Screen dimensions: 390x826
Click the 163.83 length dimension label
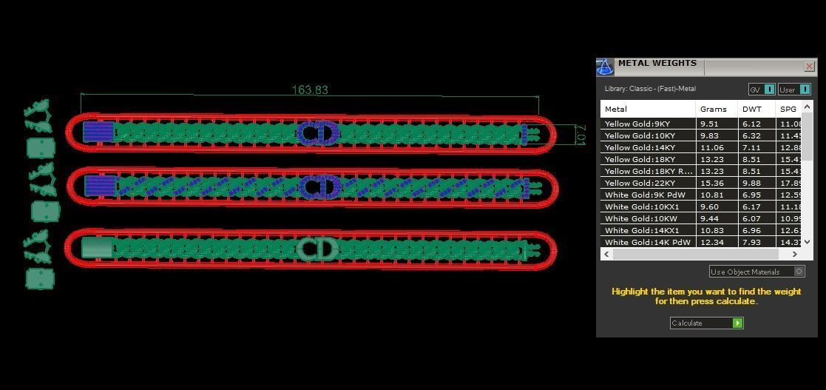310,90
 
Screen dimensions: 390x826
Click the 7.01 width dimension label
580,135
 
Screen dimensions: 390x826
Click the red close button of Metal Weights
809,67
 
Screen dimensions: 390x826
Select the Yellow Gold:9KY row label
637,124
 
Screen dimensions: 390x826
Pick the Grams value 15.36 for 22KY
709,183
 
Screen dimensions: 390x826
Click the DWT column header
751,109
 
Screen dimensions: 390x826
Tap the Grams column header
713,109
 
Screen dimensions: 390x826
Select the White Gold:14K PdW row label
647,242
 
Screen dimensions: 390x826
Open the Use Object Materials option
756,272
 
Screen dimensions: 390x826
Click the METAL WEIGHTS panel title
657,64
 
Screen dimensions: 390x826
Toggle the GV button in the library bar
762,90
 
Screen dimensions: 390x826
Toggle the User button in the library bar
793,90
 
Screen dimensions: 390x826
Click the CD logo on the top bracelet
318,133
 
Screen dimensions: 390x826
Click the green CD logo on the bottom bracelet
317,249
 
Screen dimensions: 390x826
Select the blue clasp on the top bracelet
97,132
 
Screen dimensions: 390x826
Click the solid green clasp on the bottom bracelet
96,247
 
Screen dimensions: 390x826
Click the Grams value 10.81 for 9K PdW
709,195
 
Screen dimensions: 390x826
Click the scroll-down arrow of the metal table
807,242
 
